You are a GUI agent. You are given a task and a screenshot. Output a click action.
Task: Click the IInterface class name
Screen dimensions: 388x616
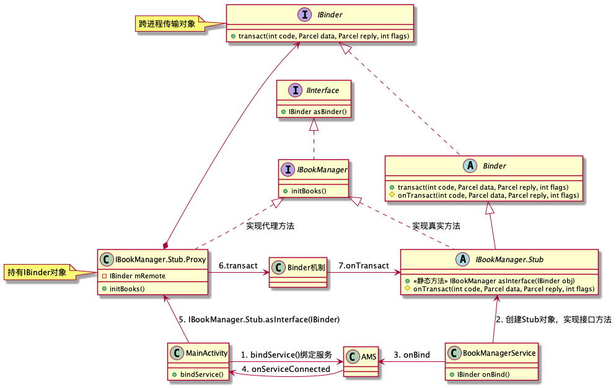(322, 90)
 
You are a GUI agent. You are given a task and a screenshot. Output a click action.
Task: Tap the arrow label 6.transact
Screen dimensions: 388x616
(238, 265)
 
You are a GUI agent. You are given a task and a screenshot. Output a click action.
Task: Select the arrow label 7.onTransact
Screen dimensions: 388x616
(364, 265)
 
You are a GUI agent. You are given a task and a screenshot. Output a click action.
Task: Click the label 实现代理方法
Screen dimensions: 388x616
(270, 226)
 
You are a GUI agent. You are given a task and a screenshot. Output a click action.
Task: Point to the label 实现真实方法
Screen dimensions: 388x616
(436, 226)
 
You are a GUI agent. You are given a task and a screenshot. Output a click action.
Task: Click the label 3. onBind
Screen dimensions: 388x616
(411, 355)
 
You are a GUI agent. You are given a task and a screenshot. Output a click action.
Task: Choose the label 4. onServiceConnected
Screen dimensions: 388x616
(286, 369)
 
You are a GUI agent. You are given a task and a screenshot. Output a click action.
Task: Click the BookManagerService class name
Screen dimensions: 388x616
(499, 353)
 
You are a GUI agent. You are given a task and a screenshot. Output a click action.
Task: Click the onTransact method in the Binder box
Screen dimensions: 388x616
(488, 195)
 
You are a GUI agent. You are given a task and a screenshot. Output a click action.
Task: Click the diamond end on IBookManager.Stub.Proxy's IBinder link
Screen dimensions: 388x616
(164, 245)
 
